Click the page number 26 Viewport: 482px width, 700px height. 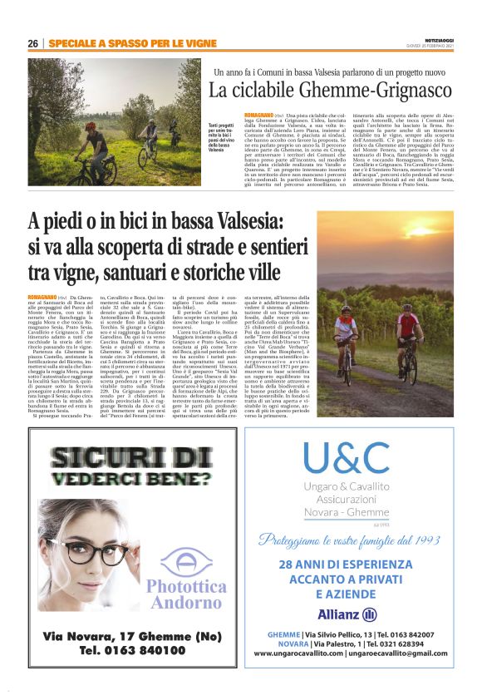pyautogui.click(x=33, y=42)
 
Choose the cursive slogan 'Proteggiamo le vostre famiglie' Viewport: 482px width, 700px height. pyautogui.click(x=359, y=541)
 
